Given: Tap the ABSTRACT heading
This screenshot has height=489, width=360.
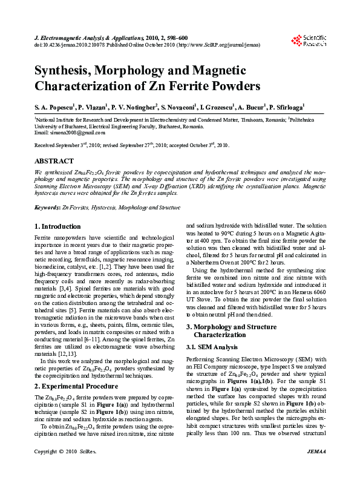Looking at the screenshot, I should [x=54, y=162].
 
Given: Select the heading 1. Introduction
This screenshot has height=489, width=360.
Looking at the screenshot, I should [x=57, y=226].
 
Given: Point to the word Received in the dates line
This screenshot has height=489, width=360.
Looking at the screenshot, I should [x=46, y=146].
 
